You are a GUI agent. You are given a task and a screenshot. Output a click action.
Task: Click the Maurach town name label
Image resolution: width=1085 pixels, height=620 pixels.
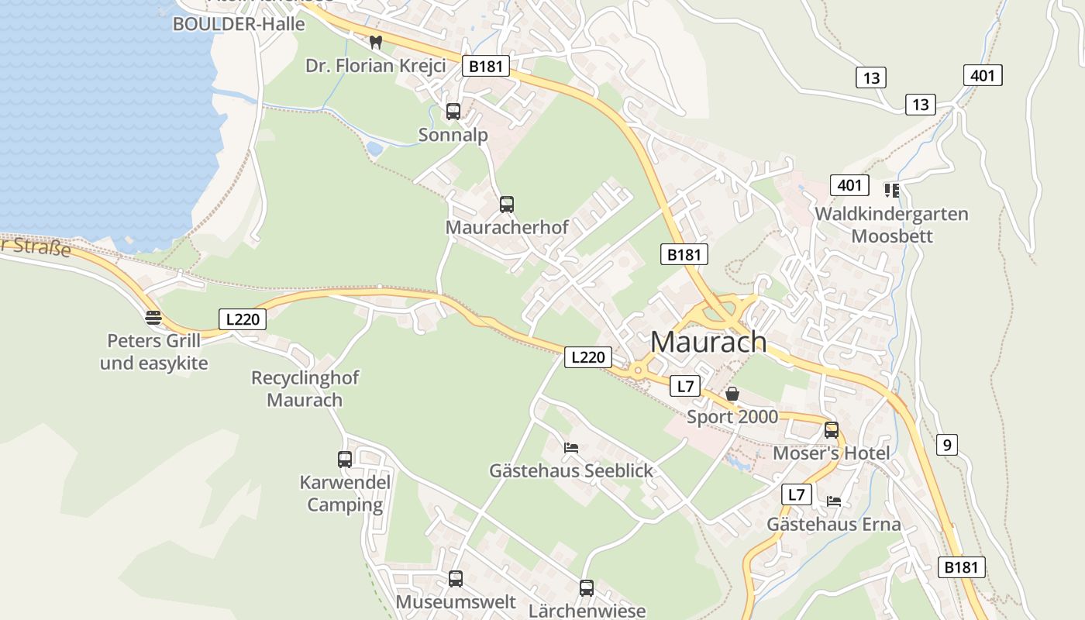coord(708,342)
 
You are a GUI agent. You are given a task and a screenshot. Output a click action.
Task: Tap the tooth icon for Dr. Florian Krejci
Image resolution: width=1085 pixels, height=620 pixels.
coord(376,43)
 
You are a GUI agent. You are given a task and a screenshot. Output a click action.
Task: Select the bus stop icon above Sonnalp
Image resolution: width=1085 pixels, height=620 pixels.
coord(453,112)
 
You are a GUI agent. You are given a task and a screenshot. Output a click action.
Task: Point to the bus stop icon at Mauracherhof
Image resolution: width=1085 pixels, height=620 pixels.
coord(507,205)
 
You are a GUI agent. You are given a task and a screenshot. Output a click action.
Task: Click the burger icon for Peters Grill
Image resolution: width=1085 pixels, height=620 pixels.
coord(153,317)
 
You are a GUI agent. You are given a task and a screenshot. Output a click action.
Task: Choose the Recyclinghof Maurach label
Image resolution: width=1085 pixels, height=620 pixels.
coord(305,389)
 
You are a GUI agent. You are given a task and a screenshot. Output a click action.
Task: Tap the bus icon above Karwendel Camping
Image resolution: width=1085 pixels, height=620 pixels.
coord(345,460)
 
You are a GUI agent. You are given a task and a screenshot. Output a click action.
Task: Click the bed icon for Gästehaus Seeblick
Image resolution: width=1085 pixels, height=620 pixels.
coord(571,448)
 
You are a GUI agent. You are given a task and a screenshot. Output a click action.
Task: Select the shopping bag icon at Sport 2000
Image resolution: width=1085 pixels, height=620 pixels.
coord(732,394)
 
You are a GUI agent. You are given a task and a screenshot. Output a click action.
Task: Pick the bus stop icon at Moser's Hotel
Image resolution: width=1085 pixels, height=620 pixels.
coord(832,429)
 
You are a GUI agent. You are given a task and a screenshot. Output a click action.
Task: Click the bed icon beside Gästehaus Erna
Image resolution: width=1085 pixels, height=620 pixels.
coord(834,501)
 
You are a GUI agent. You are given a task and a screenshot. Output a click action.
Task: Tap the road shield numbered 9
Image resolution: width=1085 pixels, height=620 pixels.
coord(946,445)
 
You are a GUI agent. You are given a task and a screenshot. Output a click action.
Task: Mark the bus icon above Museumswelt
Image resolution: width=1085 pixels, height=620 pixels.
coord(456,579)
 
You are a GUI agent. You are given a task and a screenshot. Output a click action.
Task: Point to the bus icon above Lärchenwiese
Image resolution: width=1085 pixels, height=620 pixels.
coord(587,588)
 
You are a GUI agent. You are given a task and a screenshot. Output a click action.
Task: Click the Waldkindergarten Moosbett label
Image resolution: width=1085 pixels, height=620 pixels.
coord(891,225)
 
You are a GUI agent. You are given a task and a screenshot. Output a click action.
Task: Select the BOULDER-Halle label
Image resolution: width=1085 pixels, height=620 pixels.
coord(239,24)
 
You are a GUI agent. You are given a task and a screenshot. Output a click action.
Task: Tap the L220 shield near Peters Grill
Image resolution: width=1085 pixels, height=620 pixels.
coord(243,319)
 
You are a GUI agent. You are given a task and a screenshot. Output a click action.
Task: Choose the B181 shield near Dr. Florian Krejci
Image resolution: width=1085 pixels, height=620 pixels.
coord(486,66)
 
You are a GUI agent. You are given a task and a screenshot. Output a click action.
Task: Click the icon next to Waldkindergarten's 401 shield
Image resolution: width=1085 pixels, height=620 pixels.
coord(891,189)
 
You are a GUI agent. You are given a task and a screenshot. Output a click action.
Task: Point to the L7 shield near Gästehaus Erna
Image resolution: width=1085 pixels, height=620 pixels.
coord(796,494)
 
